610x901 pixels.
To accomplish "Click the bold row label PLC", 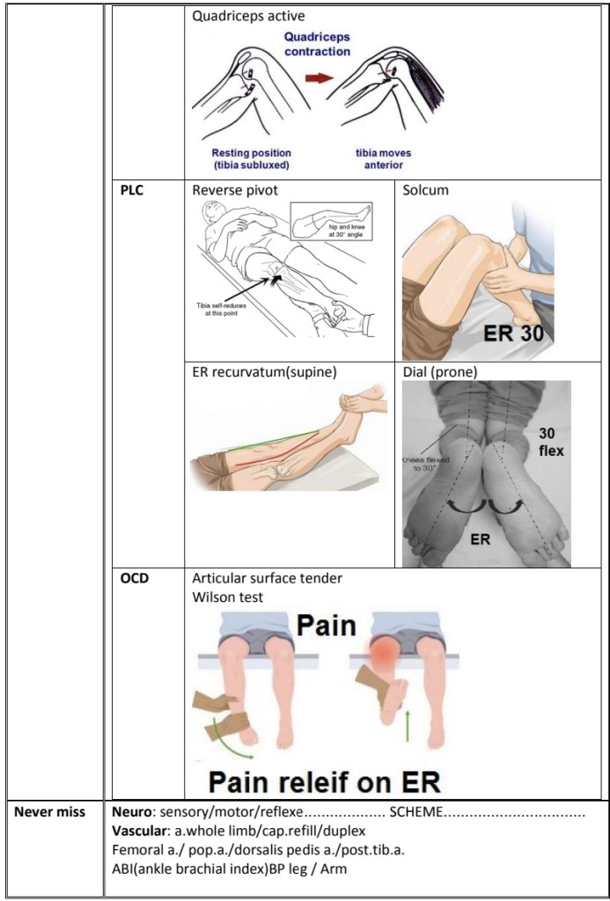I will [132, 190].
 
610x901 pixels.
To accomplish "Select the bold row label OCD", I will [134, 578].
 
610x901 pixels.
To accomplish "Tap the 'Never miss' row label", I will [44, 810].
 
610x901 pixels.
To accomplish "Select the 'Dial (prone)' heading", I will [439, 371].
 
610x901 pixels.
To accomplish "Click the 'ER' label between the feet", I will [480, 539].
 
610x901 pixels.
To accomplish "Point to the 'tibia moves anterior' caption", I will [383, 158].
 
